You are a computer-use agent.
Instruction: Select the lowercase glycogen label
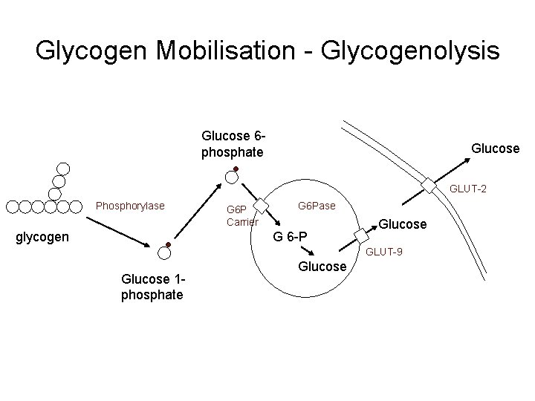coord(43,238)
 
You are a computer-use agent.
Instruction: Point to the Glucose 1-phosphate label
coord(152,287)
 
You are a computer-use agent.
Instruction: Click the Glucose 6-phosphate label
coord(233,144)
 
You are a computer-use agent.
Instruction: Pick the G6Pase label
coord(317,204)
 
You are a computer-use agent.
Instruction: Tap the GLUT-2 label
coord(467,190)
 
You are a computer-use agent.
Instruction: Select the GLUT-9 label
coord(384,252)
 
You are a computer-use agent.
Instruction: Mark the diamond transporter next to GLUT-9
coord(361,235)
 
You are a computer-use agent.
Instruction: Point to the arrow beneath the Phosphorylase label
coord(120,232)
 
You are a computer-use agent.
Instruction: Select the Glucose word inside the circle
coord(322,266)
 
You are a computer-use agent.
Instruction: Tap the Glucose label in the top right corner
coord(495,149)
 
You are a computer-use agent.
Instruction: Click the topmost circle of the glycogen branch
coord(64,168)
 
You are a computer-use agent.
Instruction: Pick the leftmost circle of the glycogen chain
coord(13,206)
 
